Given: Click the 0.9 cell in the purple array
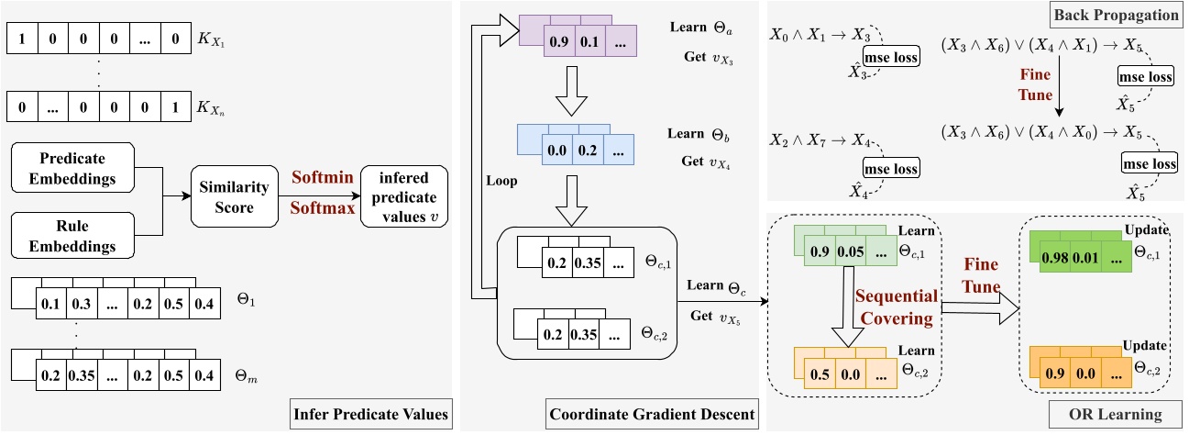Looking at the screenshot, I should pyautogui.click(x=558, y=42).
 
